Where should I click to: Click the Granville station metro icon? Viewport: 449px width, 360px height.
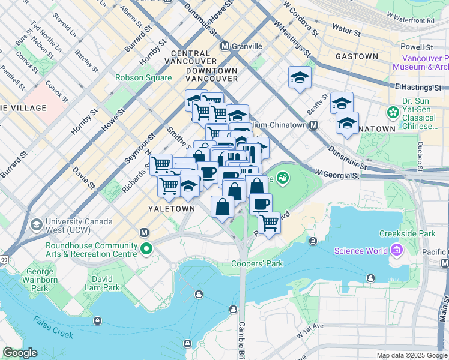click(x=225, y=46)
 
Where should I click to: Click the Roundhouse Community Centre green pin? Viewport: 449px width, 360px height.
click(x=146, y=248)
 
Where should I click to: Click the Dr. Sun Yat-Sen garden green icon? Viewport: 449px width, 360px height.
click(x=393, y=112)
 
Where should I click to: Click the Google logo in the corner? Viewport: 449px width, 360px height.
click(x=20, y=353)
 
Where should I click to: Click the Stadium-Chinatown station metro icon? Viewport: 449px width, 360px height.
click(x=313, y=125)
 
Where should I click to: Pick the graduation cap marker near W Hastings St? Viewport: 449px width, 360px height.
click(x=299, y=77)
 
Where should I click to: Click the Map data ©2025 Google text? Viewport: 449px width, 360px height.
click(x=411, y=355)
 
